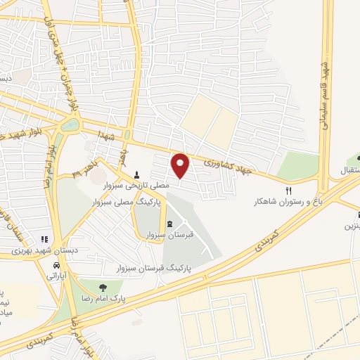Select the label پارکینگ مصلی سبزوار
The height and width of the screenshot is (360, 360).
127,201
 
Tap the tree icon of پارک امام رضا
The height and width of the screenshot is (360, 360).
103,286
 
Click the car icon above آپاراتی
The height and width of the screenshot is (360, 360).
56,266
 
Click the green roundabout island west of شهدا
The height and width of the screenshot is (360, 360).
70,126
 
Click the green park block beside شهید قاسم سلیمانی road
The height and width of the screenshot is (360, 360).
298,166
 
